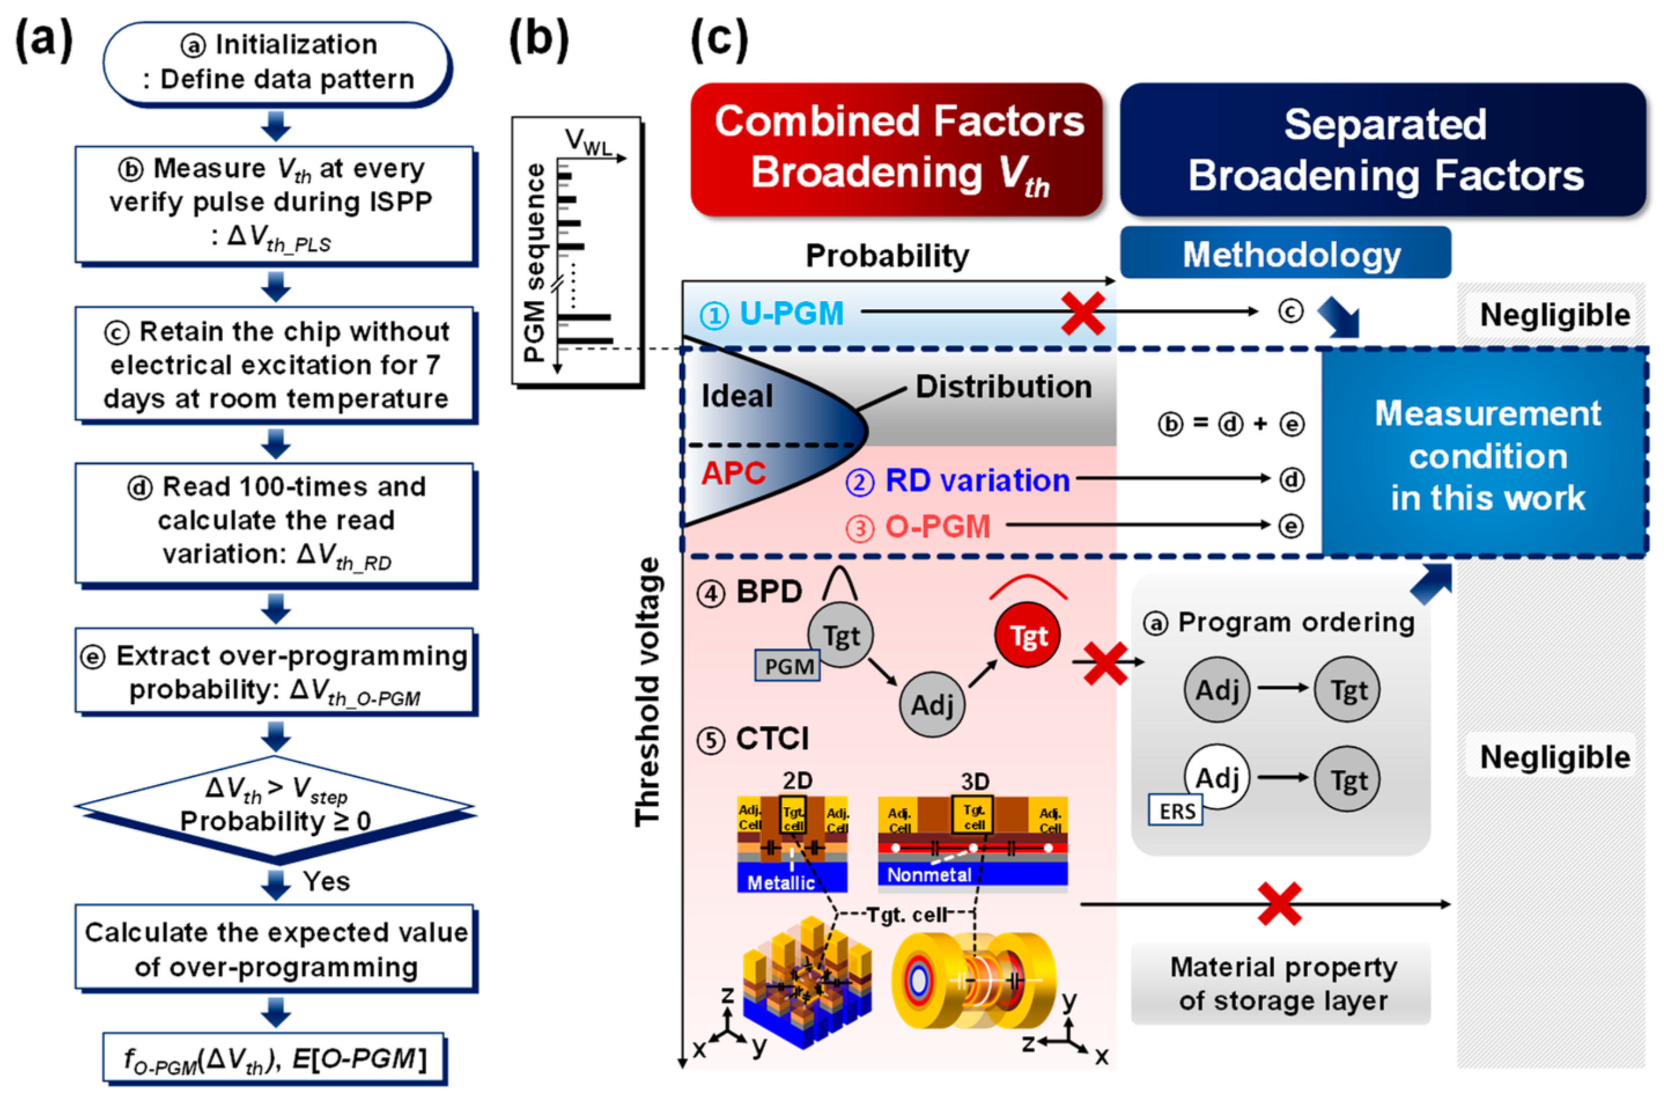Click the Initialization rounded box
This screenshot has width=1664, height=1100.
coord(277,63)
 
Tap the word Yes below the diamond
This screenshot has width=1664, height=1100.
coord(326,881)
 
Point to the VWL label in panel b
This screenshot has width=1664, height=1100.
coord(588,142)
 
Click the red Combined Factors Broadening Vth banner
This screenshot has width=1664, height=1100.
coord(896,149)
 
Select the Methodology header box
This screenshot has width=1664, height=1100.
coord(1285,253)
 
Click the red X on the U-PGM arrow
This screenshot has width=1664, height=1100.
coord(1083,313)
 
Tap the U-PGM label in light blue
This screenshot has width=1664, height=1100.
coord(791,313)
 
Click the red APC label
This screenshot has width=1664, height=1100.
coord(733,474)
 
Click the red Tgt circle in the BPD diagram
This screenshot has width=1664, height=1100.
coord(1028,636)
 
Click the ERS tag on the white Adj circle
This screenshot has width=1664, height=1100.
coord(1176,811)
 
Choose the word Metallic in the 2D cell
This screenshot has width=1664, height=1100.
coord(780,883)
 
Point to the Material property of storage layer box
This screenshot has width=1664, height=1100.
coord(1282,984)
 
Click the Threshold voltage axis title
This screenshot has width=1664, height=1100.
coord(647,691)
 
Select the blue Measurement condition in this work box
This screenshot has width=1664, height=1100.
coord(1486,455)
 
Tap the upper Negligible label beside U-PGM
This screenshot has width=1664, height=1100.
coord(1555,315)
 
